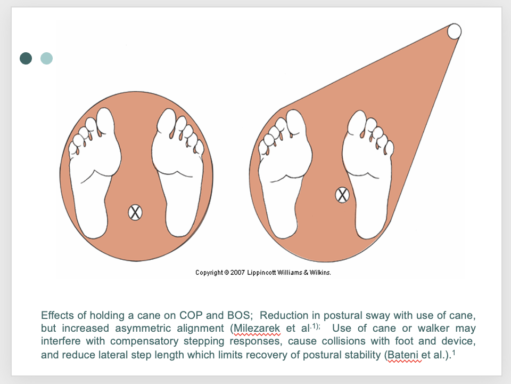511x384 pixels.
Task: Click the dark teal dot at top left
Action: (26, 58)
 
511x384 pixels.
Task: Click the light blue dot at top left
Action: (47, 58)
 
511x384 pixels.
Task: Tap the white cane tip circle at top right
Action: (454, 31)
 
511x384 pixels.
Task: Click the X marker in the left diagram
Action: (135, 213)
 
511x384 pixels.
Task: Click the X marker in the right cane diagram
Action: (342, 195)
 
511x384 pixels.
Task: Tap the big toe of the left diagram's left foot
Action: (105, 122)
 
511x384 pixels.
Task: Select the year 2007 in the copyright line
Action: (237, 273)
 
